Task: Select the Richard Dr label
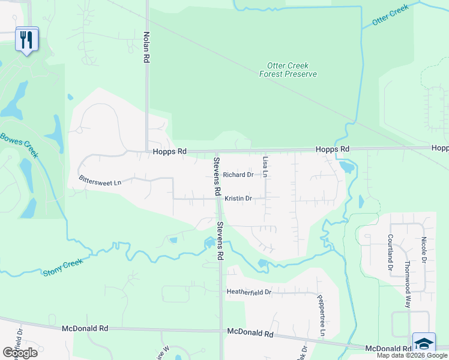[238, 175]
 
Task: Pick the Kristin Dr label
[238, 198]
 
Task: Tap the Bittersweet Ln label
[100, 179]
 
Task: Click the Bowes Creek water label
[19, 145]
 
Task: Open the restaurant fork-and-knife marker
[26, 40]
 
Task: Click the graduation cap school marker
[424, 344]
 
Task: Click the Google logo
[20, 353]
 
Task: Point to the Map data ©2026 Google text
[412, 355]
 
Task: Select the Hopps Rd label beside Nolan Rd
[170, 152]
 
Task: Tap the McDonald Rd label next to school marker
[387, 348]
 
